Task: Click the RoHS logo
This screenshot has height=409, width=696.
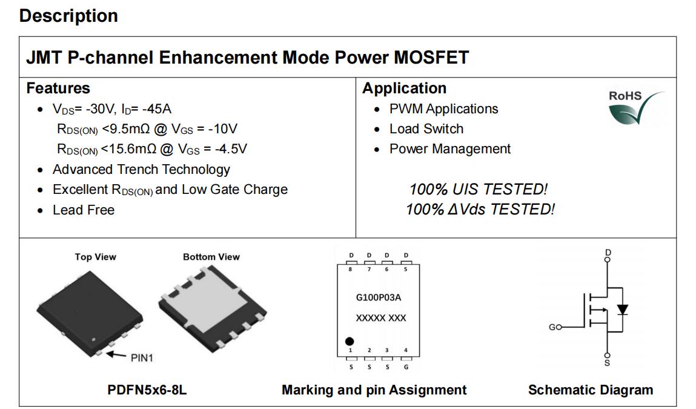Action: coord(635,107)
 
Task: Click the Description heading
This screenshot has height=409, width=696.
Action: coord(69,16)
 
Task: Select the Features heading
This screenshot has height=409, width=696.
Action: coord(58,88)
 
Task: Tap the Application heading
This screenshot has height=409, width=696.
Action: coord(405,88)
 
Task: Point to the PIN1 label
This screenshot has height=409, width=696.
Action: coord(142,358)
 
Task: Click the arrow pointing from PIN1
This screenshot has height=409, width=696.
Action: coord(116,354)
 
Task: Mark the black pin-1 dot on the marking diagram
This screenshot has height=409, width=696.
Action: coord(350,341)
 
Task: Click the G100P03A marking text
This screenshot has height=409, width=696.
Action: coord(378,298)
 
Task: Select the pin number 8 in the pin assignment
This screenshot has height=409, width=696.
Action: coord(350,269)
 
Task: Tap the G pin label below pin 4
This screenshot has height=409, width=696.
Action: coord(406,367)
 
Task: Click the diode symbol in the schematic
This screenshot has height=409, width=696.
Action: coord(623,309)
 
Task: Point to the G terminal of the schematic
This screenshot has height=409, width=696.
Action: coord(555,327)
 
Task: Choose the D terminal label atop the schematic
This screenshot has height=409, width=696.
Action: coord(608,252)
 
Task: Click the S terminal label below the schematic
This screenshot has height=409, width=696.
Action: coord(607,363)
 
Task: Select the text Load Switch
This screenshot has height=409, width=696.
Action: coord(426,129)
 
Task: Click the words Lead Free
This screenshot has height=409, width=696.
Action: coord(84,210)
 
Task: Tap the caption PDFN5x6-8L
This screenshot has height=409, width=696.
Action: coord(147,390)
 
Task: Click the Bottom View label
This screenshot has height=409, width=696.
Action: coord(211,257)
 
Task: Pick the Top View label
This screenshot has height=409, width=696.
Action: coord(96,257)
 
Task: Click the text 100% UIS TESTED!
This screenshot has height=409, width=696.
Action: coord(478,189)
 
